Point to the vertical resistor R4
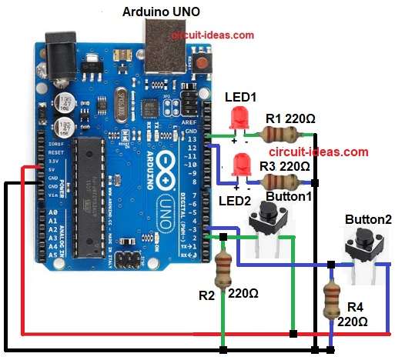[331, 300]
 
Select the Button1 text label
[287, 196]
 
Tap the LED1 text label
[240, 98]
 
